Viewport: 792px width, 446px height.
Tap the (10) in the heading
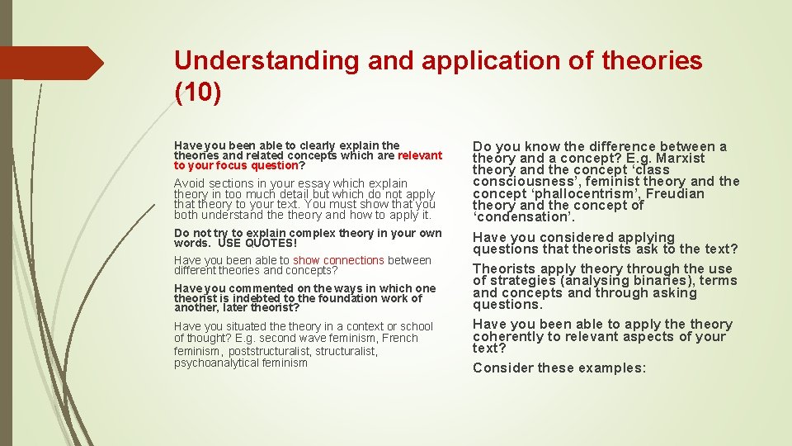click(x=198, y=93)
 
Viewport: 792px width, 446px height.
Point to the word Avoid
click(x=189, y=183)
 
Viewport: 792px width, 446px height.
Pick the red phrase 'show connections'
click(x=338, y=260)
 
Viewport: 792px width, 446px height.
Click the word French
click(x=399, y=338)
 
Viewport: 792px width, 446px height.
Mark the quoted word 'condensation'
click(x=522, y=217)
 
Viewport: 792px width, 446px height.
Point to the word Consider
click(x=502, y=368)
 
